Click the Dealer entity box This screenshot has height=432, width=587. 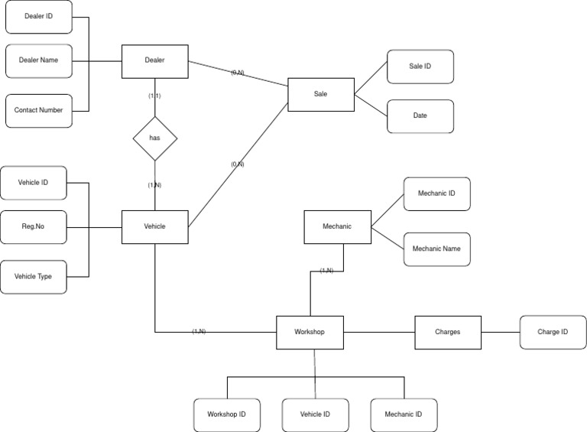[x=154, y=61]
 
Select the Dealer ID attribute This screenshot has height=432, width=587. [x=39, y=17]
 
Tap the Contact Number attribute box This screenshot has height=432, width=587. [x=39, y=110]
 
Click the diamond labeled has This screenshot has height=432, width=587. [x=154, y=138]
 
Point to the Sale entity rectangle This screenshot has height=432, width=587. [x=320, y=94]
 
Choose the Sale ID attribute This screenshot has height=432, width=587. [x=420, y=67]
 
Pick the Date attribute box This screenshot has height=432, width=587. [x=420, y=116]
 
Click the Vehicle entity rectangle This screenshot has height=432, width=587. [x=154, y=226]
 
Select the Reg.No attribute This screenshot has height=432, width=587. [x=33, y=226]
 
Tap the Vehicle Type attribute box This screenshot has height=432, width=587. [x=33, y=276]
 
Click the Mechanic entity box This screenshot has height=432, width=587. [x=337, y=227]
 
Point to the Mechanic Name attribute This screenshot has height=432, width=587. [x=436, y=249]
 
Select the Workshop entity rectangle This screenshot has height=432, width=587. [x=310, y=333]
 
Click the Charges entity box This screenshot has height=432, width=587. [x=447, y=333]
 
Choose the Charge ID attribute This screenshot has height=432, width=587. [x=553, y=333]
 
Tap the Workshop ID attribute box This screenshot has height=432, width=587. [x=226, y=414]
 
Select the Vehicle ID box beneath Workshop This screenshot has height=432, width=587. [x=315, y=414]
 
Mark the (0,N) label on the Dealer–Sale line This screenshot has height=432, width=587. [x=237, y=73]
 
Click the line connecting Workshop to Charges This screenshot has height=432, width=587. [x=379, y=333]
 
